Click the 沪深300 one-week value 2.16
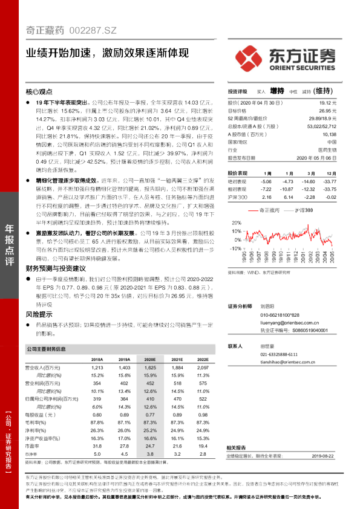pos(266,196)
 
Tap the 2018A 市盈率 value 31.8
pos(97,444)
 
